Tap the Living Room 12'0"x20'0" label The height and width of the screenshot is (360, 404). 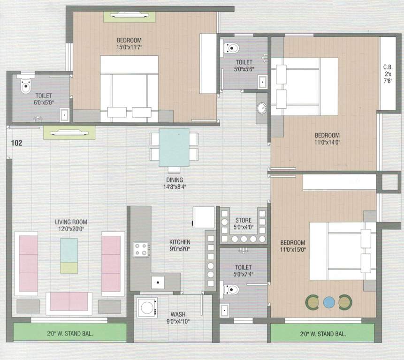(x=71, y=225)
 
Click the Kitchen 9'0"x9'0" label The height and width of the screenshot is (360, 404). (x=180, y=246)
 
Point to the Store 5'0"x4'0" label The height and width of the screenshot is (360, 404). (x=243, y=224)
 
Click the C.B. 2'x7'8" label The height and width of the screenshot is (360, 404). (x=388, y=73)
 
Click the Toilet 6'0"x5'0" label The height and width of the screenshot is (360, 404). (x=44, y=99)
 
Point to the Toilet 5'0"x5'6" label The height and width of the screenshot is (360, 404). (x=244, y=66)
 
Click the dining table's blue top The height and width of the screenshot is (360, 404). (x=174, y=147)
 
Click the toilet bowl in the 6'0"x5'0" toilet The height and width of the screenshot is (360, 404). (x=25, y=86)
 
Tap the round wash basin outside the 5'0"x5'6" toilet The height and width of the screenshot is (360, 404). (x=262, y=108)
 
